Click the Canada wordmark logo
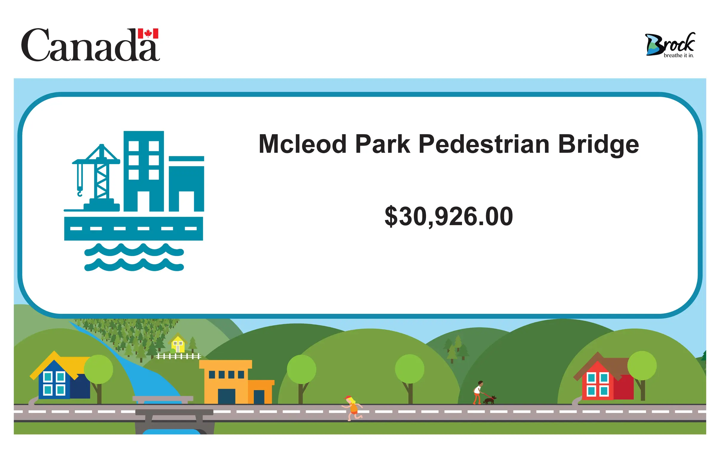(x=90, y=45)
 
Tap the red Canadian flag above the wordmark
(x=148, y=33)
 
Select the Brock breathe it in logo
(x=670, y=45)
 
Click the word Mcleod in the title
(x=302, y=144)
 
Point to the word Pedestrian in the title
(x=484, y=144)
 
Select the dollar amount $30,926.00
(x=449, y=216)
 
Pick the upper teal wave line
(x=134, y=250)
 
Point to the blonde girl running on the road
(x=353, y=408)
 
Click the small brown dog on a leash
(x=490, y=400)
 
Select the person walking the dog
(x=478, y=393)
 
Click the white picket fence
(x=179, y=356)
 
